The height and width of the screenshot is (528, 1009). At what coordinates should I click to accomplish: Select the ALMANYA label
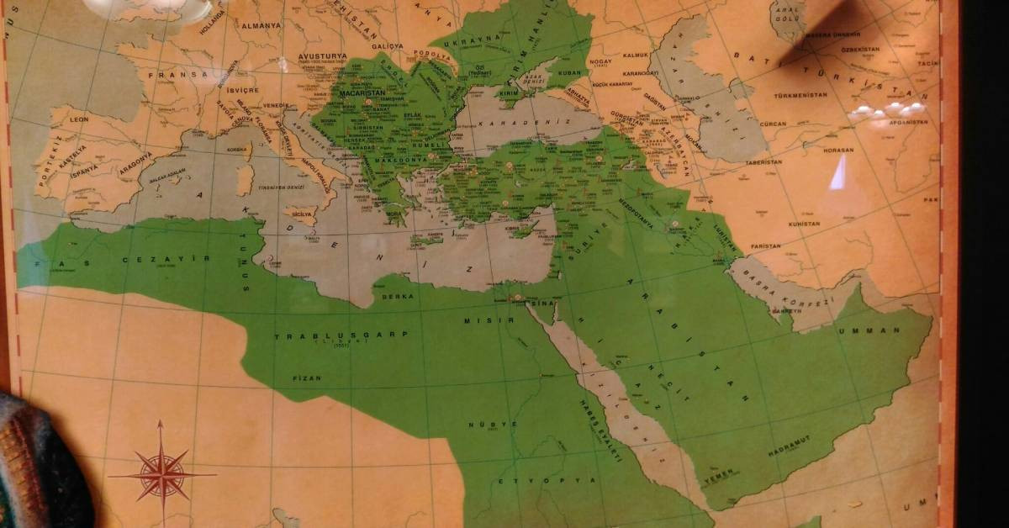tap(261, 25)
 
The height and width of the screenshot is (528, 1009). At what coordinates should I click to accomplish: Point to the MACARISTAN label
tap(362, 93)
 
